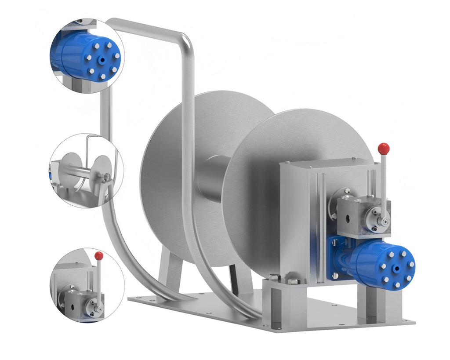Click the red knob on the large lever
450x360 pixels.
384,149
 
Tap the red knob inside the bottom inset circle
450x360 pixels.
99,256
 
